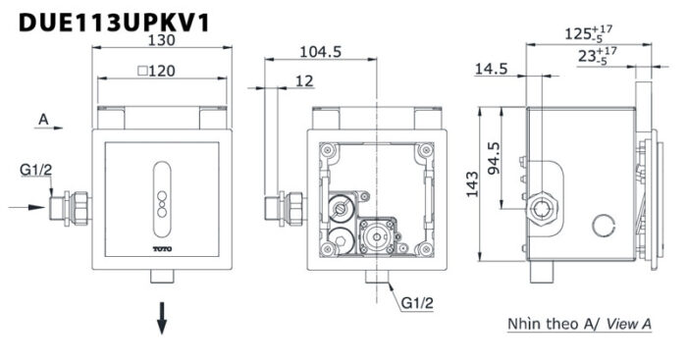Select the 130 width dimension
coord(161,41)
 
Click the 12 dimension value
coord(304,82)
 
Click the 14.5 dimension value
coord(490,69)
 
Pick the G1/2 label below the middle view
coord(418,305)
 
